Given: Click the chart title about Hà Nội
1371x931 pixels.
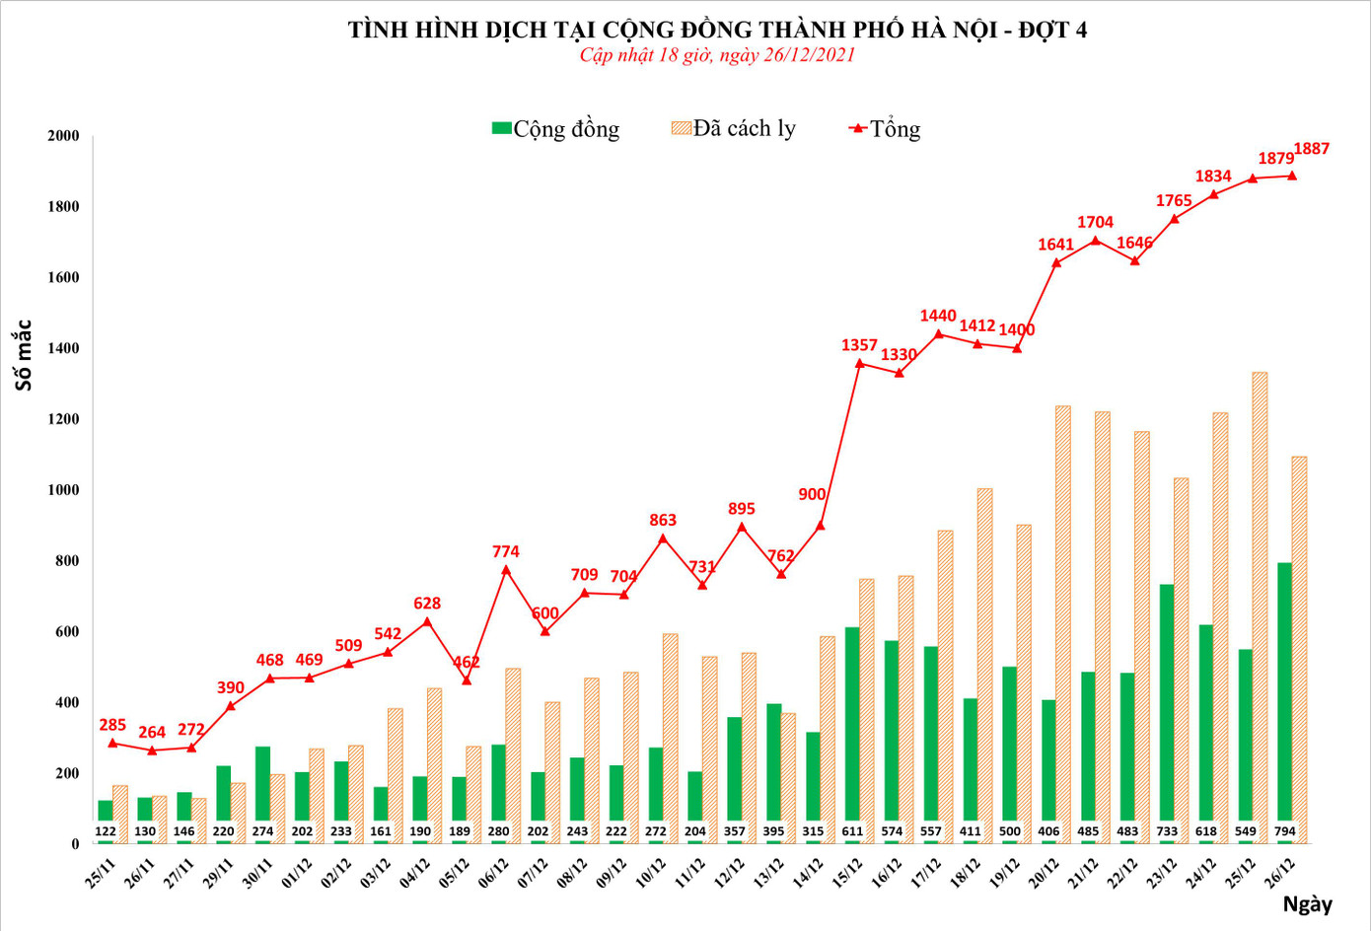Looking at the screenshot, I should (717, 30).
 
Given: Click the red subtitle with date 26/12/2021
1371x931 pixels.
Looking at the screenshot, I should (717, 55).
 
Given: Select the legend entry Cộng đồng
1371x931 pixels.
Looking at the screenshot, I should (556, 129).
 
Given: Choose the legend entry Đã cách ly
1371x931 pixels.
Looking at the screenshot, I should (733, 128).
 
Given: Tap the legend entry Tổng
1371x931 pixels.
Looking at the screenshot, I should (885, 129).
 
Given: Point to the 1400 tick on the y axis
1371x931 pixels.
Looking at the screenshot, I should (63, 348).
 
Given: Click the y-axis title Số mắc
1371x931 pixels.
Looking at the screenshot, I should (24, 355).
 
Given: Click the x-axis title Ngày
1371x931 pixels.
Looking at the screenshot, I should (1307, 904).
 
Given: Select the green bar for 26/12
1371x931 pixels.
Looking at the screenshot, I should (1284, 690).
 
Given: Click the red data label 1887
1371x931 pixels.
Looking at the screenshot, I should (1312, 149).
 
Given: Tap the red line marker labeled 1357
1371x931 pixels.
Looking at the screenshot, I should (859, 364).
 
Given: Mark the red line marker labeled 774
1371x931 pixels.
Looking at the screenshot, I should (506, 570).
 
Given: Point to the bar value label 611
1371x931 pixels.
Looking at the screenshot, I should (852, 831).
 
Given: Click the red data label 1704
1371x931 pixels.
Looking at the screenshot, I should (1095, 223).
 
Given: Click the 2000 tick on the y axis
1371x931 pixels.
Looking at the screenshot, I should (63, 136).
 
